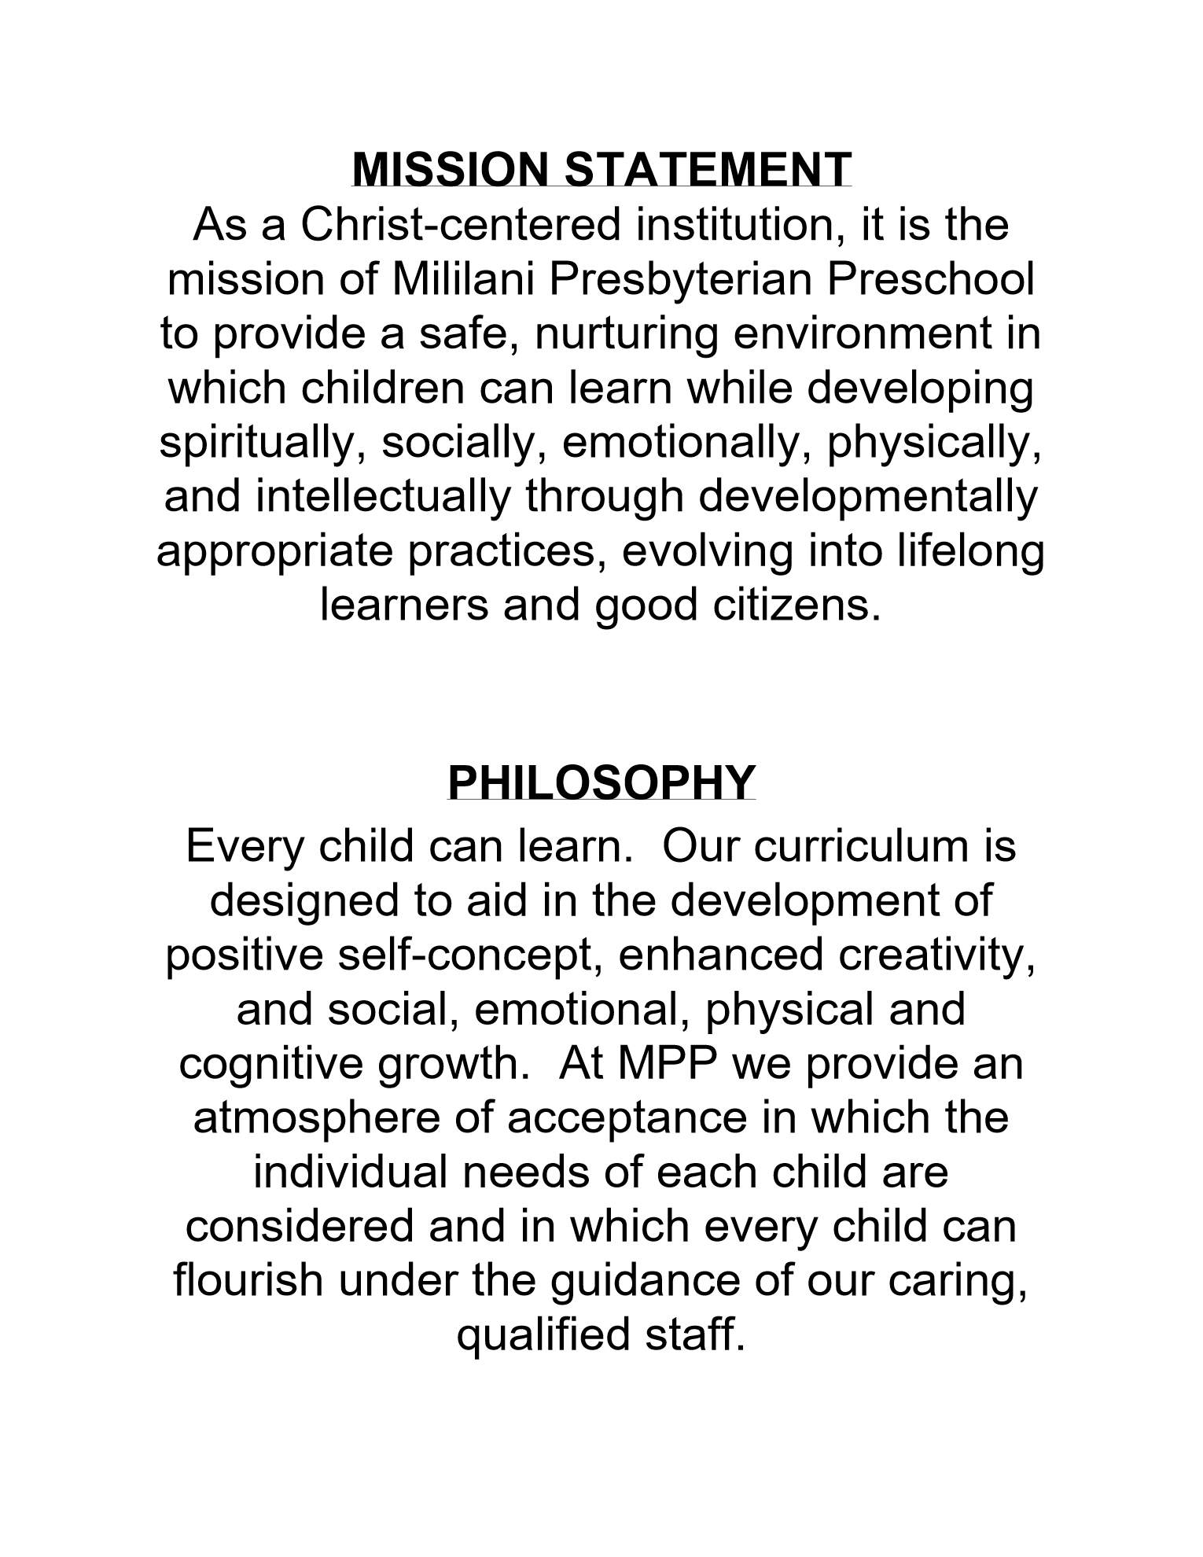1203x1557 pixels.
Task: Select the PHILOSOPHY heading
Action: pyautogui.click(x=601, y=782)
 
